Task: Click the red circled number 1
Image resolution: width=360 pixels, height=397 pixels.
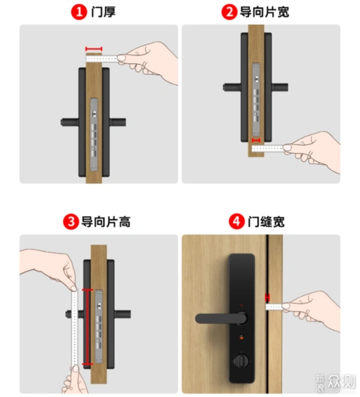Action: click(77, 12)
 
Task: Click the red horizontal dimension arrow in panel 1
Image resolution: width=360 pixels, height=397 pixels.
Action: click(93, 50)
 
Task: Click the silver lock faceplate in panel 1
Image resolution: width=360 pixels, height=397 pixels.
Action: click(94, 136)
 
